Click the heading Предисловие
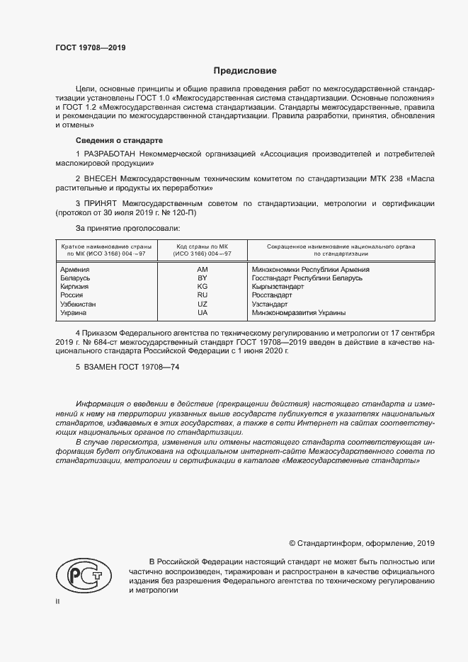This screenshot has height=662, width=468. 245,71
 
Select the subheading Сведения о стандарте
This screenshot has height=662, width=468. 119,140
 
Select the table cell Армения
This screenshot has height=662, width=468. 75,270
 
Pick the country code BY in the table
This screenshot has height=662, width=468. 202,278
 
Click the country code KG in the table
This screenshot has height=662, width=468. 202,287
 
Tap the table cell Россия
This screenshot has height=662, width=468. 73,295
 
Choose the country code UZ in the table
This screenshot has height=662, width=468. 202,304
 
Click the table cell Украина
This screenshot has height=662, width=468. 74,312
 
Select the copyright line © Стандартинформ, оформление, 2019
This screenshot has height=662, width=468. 362,543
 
